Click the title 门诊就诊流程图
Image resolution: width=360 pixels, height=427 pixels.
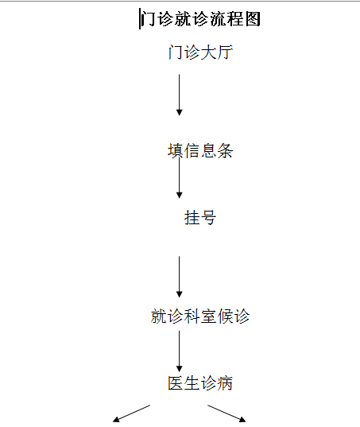[201, 19]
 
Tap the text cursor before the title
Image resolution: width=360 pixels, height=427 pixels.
[140, 18]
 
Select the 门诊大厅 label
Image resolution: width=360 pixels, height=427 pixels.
[200, 52]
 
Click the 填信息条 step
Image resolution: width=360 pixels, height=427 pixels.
[200, 150]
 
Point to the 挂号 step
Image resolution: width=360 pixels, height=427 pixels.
[200, 218]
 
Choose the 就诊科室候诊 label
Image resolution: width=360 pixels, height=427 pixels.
[200, 316]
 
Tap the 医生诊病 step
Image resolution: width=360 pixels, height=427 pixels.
[200, 383]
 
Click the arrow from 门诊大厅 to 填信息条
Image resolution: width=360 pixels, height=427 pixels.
[179, 95]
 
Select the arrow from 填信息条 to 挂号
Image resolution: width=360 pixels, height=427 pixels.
[179, 177]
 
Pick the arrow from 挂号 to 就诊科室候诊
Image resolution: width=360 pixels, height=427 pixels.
[179, 277]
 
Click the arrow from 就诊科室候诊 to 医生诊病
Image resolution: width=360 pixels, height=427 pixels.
[179, 351]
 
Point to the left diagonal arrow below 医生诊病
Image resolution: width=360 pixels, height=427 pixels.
[131, 413]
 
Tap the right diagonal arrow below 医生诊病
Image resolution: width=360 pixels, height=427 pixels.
[226, 413]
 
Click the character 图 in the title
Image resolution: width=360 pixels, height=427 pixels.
[253, 19]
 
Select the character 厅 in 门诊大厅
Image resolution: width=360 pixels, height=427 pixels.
[225, 52]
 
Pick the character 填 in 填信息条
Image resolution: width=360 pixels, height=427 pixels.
[176, 150]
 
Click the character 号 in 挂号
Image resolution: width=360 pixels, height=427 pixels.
[208, 218]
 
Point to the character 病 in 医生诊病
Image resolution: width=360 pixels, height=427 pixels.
[225, 383]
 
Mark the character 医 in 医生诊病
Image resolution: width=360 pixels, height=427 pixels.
[176, 383]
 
